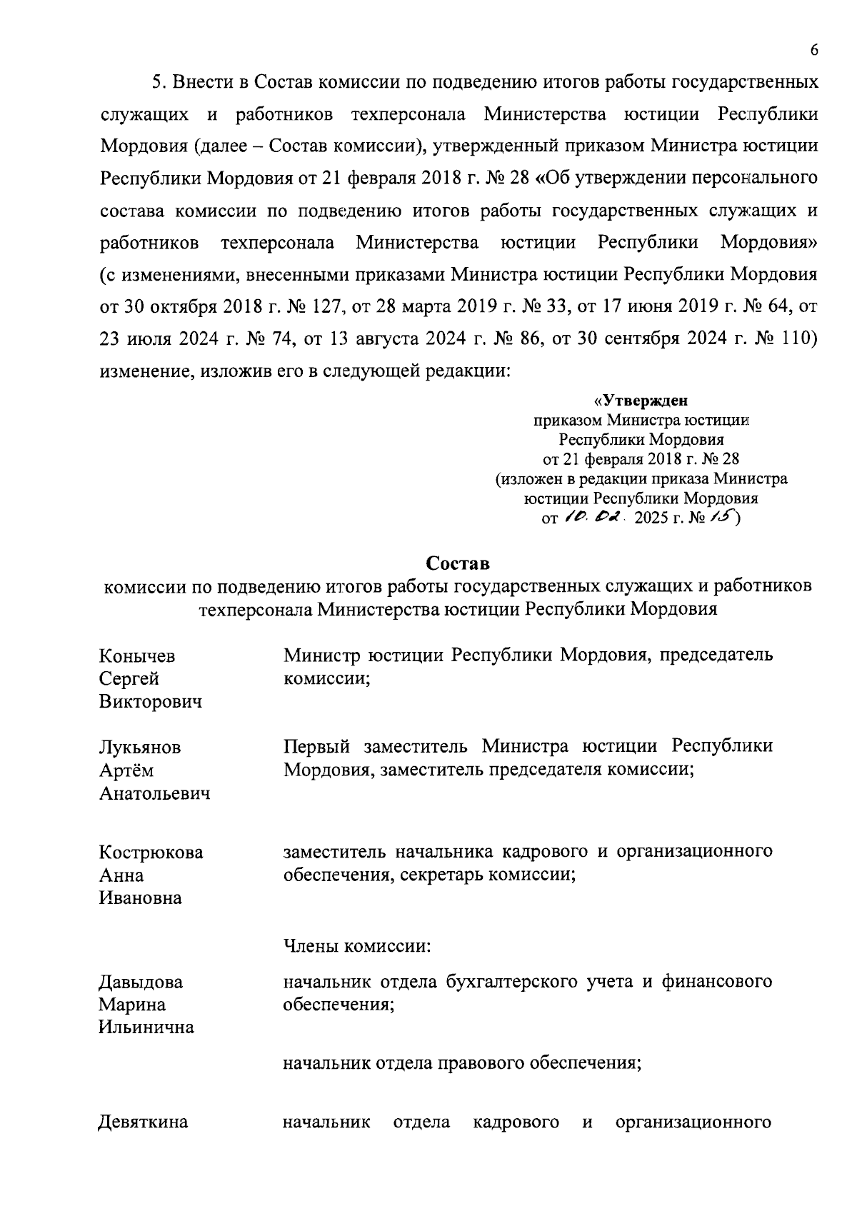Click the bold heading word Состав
[x=458, y=563]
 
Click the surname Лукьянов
[x=139, y=748]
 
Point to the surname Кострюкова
[x=150, y=853]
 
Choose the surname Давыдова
[x=140, y=982]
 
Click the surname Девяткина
[x=143, y=1122]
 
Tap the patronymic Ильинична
[x=146, y=1027]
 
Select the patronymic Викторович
[x=150, y=701]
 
